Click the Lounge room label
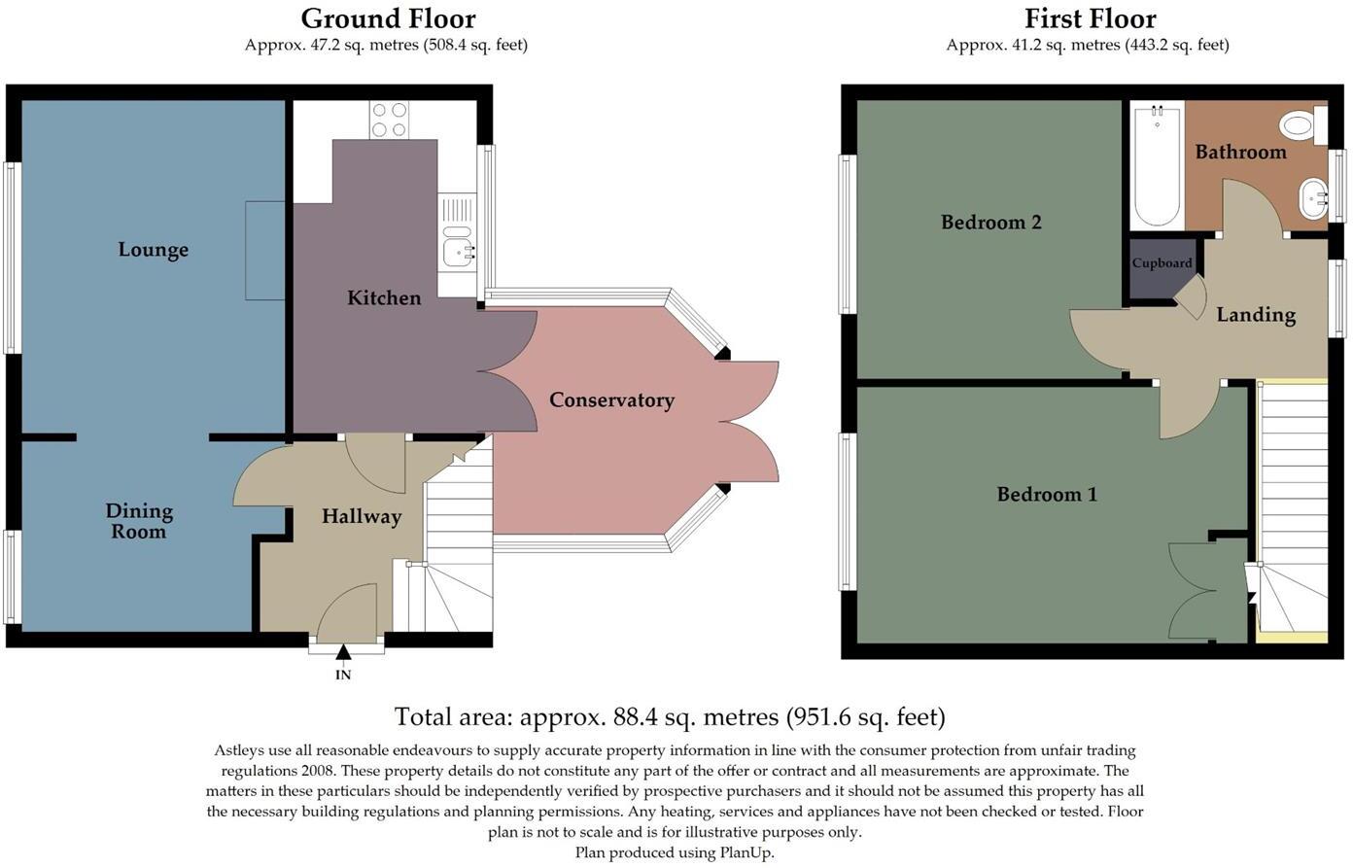[x=154, y=250]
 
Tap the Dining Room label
[x=139, y=521]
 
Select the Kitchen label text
[x=384, y=298]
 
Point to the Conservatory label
[x=611, y=400]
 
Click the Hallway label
[x=362, y=517]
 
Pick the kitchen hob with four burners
[x=389, y=120]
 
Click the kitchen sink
[x=456, y=252]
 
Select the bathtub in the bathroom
[x=1157, y=166]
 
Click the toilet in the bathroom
[x=1301, y=124]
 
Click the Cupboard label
[x=1162, y=263]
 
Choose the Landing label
[x=1256, y=315]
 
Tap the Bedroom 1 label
[x=1047, y=495]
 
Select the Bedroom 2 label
[x=990, y=223]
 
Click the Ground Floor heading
[x=388, y=18]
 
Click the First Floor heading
[x=1090, y=18]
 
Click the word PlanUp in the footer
[x=746, y=852]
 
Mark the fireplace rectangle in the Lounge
[x=264, y=251]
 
